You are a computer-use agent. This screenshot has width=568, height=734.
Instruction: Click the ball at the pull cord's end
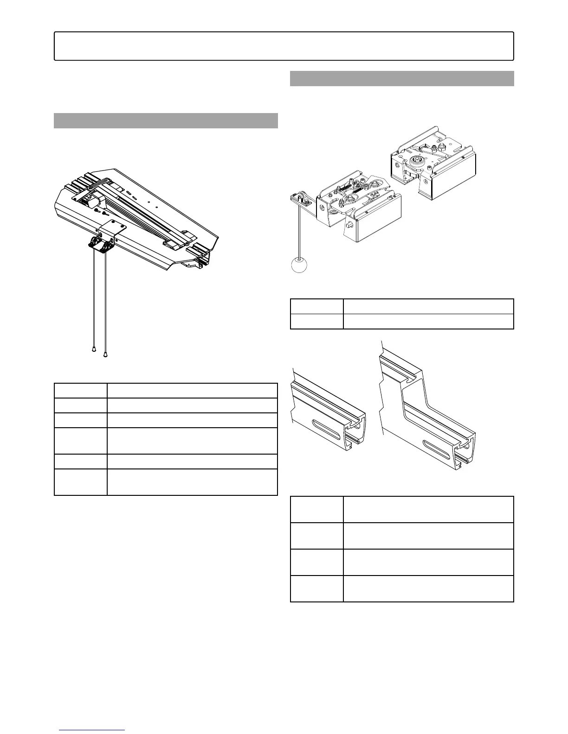click(x=299, y=266)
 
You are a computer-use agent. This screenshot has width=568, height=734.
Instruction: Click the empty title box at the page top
click(x=284, y=46)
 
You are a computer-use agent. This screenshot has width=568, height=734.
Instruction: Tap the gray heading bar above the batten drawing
click(x=166, y=120)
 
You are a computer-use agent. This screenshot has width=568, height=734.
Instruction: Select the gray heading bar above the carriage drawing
click(x=402, y=78)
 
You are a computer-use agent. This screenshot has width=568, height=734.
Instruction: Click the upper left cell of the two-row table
click(x=316, y=307)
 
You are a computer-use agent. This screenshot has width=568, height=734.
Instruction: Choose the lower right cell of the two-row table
click(x=428, y=322)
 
